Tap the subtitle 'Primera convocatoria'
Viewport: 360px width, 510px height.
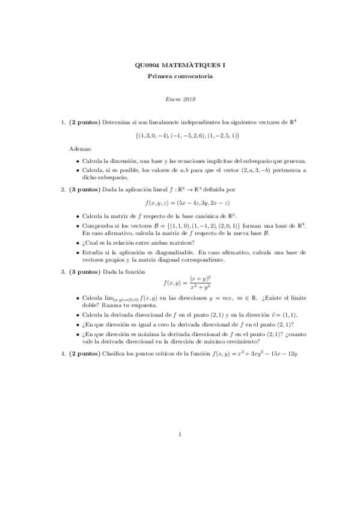point(180,76)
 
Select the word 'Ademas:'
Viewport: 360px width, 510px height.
point(81,148)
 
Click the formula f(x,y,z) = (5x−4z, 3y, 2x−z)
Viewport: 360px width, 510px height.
point(180,203)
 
